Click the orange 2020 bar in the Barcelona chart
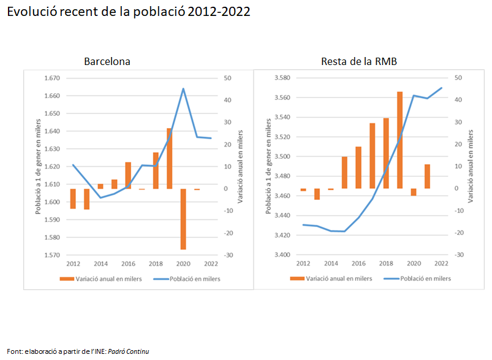click(x=183, y=219)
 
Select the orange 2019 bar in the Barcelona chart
click(x=170, y=158)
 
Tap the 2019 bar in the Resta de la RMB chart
click(x=399, y=140)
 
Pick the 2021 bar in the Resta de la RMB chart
click(x=427, y=177)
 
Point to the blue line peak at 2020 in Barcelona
click(x=183, y=89)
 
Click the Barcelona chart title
click(x=107, y=62)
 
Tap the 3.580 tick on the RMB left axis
click(x=282, y=78)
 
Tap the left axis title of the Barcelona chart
click(x=38, y=167)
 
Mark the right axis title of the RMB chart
click(x=471, y=167)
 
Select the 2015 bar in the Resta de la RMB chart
click(x=344, y=172)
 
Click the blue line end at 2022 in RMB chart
click(x=441, y=88)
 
